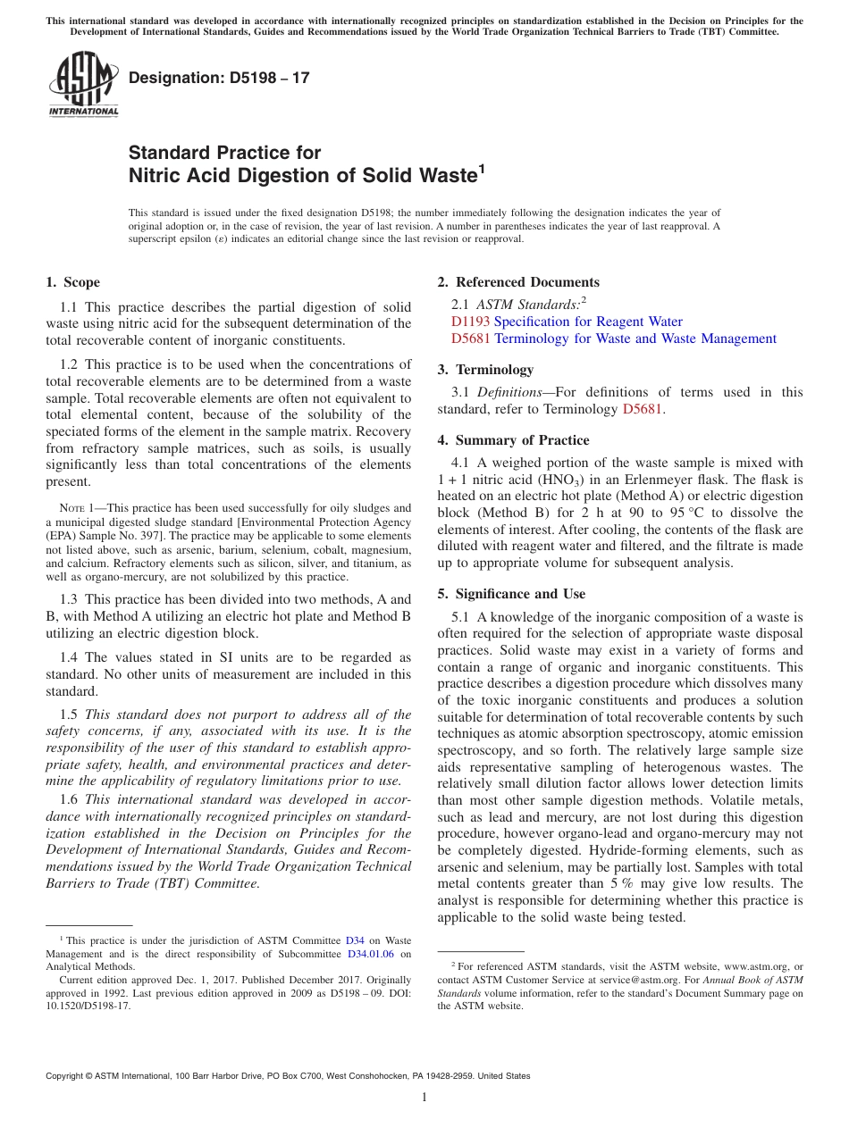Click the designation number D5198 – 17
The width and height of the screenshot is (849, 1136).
tap(219, 78)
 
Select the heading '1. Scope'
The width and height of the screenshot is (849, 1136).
tap(72, 282)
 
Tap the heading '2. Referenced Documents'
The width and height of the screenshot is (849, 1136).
tap(518, 282)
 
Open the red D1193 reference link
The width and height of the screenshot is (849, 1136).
tap(470, 322)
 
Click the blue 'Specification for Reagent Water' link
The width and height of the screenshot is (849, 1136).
tap(588, 322)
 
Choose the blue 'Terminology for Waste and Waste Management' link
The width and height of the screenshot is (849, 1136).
tap(635, 338)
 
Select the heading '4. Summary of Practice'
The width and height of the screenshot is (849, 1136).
tap(513, 440)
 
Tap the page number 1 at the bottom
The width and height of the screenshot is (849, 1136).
tap(424, 1098)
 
